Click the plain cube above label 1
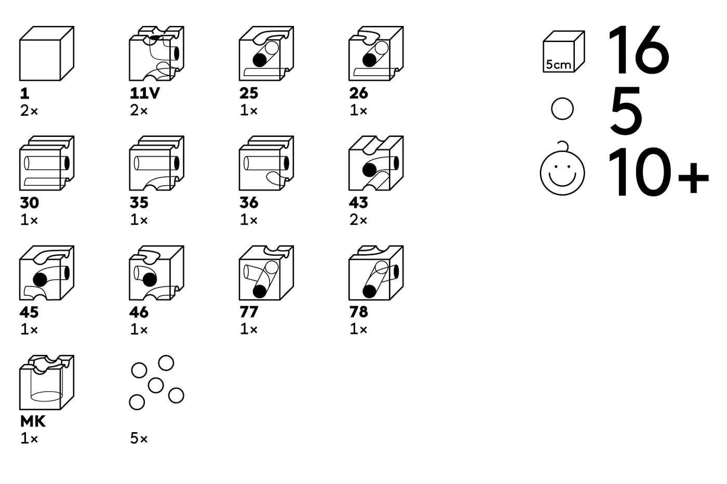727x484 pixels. (46, 53)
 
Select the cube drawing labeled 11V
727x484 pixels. (156, 53)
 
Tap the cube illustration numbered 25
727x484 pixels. (266, 53)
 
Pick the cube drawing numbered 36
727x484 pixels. (266, 163)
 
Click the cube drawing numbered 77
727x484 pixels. (266, 272)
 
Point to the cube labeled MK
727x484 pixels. (46, 382)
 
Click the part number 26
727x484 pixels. (358, 93)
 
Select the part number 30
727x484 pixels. (29, 203)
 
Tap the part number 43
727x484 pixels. (358, 203)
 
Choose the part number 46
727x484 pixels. (139, 312)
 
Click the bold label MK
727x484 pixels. (33, 421)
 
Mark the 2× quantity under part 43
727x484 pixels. (358, 220)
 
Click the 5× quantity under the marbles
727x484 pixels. (139, 439)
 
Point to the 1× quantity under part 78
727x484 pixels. (358, 329)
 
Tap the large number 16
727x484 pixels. (639, 50)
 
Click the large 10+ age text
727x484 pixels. (657, 172)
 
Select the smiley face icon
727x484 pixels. (562, 171)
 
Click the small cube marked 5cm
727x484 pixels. (563, 51)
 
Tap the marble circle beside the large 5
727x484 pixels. (562, 109)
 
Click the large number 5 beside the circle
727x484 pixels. (626, 111)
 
